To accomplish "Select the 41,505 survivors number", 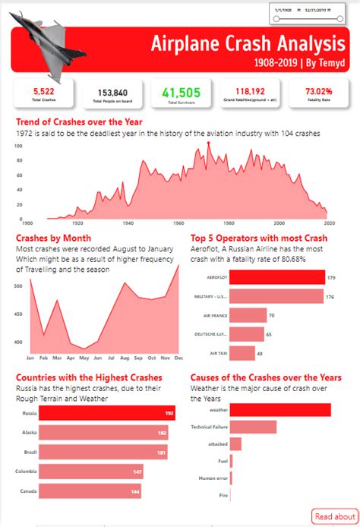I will point(181,92).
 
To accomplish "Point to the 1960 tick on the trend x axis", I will point(178,223).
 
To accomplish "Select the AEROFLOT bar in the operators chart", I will point(276,277).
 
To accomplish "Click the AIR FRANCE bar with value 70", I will point(248,315).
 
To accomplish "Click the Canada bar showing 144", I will point(89,492).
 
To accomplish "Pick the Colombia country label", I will point(24,472).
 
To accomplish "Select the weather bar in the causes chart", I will point(279,411).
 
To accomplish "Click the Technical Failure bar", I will point(253,428).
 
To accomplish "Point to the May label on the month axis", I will point(84,357).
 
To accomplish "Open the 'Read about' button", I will point(334,516).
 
